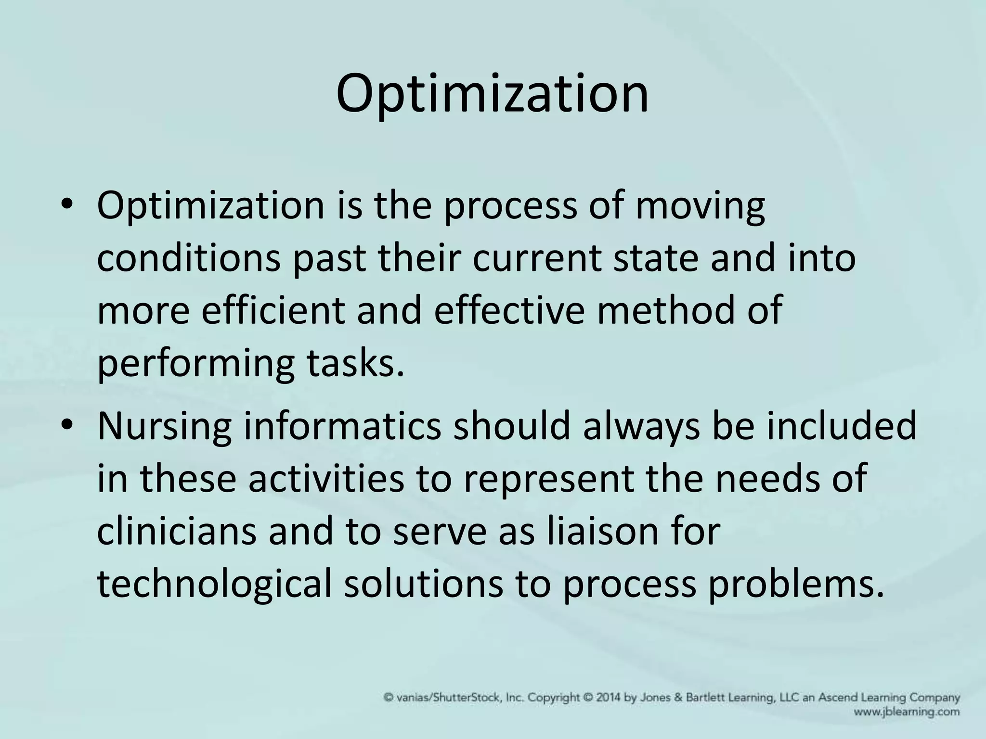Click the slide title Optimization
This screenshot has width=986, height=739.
click(x=492, y=94)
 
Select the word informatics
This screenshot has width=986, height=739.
click(x=342, y=426)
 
